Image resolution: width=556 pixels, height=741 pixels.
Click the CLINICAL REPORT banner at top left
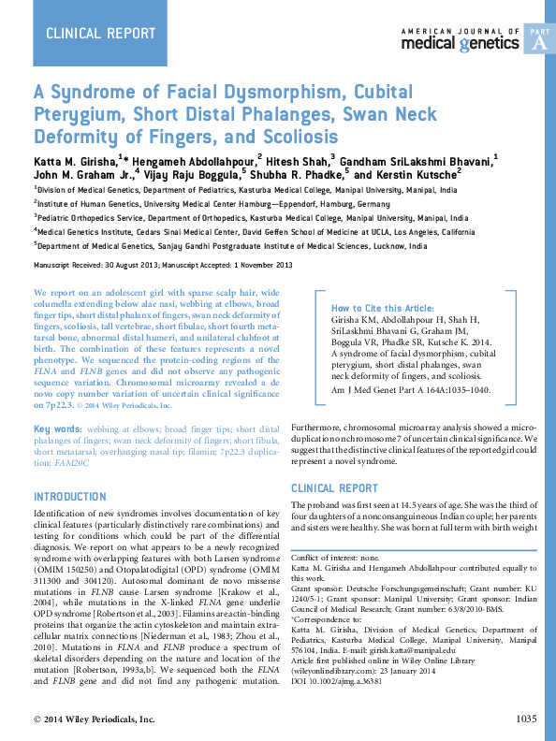(x=101, y=34)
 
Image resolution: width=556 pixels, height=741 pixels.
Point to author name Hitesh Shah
(x=297, y=159)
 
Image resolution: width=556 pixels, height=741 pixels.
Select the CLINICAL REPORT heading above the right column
(x=334, y=488)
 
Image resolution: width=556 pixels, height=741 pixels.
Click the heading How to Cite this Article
(x=382, y=308)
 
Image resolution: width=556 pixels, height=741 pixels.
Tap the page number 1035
(x=526, y=719)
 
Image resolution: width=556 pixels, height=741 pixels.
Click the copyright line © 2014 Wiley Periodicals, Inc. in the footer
(x=94, y=719)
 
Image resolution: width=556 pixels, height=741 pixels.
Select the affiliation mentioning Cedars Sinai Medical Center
(x=255, y=230)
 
